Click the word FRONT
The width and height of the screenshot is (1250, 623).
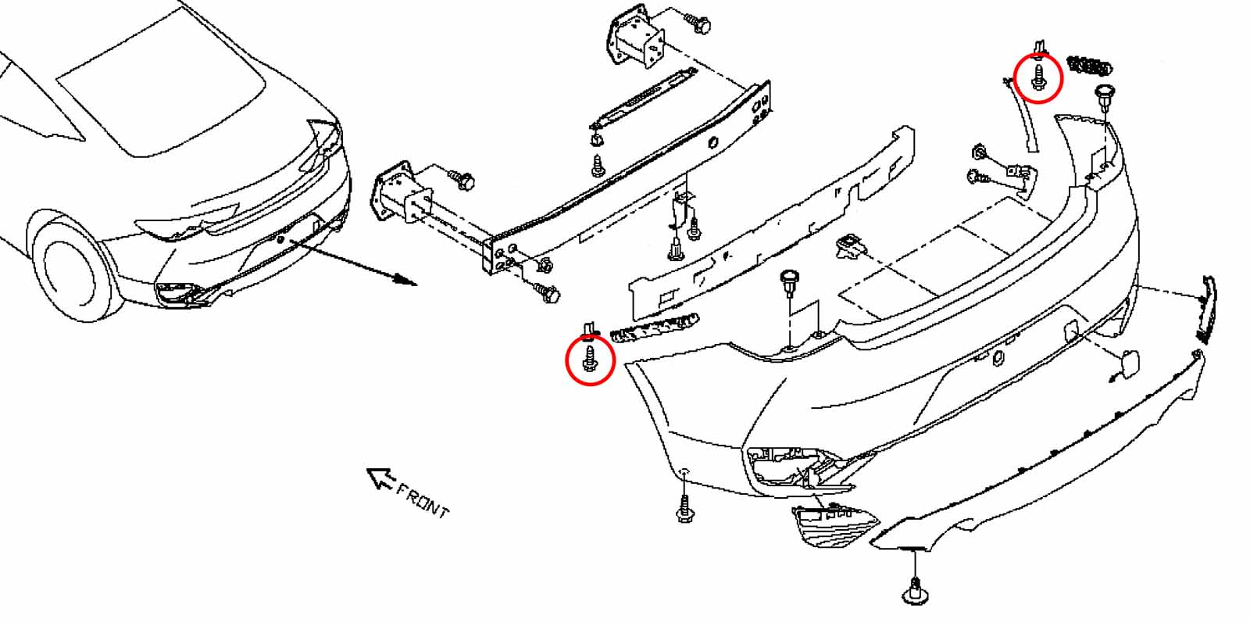pos(423,502)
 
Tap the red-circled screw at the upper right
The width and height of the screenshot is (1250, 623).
pos(1038,77)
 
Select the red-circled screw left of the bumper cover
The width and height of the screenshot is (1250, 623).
pos(590,358)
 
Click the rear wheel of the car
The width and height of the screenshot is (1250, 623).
pos(75,270)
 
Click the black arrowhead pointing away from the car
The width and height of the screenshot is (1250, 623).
pos(405,279)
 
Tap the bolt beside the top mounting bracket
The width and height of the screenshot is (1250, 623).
pos(698,23)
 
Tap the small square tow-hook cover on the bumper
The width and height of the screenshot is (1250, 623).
pos(1124,365)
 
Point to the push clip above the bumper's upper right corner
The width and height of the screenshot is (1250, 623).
pos(1105,98)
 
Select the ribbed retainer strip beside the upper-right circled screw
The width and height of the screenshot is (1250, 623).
pos(1089,66)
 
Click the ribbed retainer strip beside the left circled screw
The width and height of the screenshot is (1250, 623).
pos(654,328)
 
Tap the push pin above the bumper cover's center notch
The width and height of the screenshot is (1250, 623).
pos(789,283)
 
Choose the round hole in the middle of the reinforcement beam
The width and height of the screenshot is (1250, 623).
pos(712,143)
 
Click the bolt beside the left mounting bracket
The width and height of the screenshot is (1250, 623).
pos(462,179)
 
